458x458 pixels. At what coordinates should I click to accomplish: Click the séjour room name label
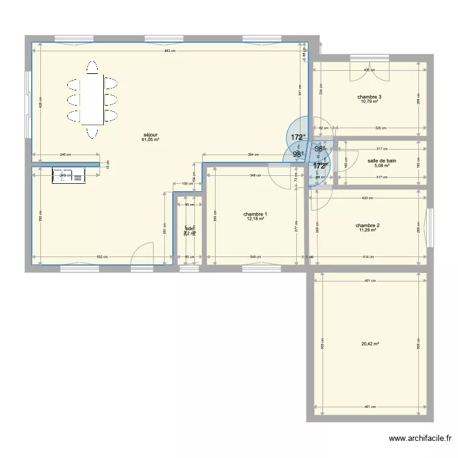click(x=150, y=134)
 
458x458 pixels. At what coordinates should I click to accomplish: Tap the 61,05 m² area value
click(x=150, y=140)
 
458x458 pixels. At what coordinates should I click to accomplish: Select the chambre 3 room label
click(x=369, y=97)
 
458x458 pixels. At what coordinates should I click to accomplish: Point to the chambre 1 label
click(x=255, y=214)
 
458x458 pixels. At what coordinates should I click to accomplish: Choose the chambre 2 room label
click(x=368, y=225)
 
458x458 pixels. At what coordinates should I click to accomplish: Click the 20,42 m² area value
click(x=370, y=344)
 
